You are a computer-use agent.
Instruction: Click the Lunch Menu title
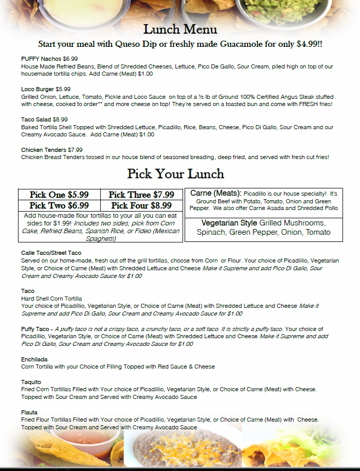(180, 29)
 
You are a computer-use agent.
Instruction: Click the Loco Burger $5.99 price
(63, 89)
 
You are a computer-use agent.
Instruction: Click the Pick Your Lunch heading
(176, 173)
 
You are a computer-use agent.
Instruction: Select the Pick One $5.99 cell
(59, 195)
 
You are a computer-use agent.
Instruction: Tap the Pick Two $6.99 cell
(59, 205)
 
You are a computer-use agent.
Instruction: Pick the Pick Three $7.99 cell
(141, 195)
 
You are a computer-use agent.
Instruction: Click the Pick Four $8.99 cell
(141, 205)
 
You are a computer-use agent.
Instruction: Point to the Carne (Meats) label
(215, 193)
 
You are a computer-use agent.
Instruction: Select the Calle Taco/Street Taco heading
(51, 253)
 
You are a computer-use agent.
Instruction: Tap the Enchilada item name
(35, 359)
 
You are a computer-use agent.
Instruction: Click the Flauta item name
(30, 412)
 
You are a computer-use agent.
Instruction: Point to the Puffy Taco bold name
(35, 329)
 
